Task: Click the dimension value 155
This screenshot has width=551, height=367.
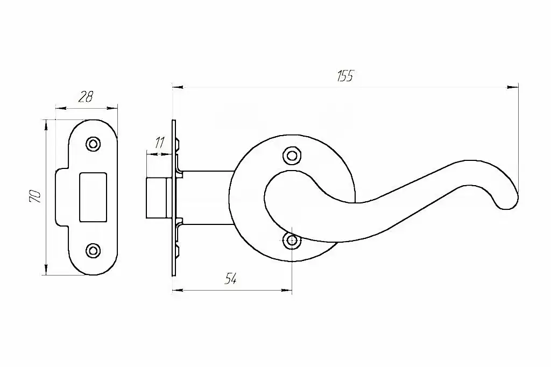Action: coord(345,76)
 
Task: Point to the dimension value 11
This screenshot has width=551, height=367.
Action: coord(159,143)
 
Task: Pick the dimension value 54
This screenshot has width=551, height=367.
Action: coord(230,279)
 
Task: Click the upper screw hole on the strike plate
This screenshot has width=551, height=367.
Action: coord(94,144)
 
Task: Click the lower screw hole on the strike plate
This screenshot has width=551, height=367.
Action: coord(94,250)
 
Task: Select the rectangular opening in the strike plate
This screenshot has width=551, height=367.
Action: coord(93,197)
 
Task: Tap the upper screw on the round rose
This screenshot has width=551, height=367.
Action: coord(292,156)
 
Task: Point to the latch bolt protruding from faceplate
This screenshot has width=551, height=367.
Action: coord(156,197)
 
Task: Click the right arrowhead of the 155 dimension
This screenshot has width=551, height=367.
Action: coord(513,86)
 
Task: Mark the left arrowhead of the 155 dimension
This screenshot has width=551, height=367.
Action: coord(176,86)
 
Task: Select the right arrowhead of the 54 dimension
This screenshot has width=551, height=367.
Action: coord(287,291)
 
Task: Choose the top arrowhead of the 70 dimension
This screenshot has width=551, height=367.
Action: coord(46,125)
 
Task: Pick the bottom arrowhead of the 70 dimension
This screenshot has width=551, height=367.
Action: coord(46,271)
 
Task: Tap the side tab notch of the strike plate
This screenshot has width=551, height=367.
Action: coord(61,197)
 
